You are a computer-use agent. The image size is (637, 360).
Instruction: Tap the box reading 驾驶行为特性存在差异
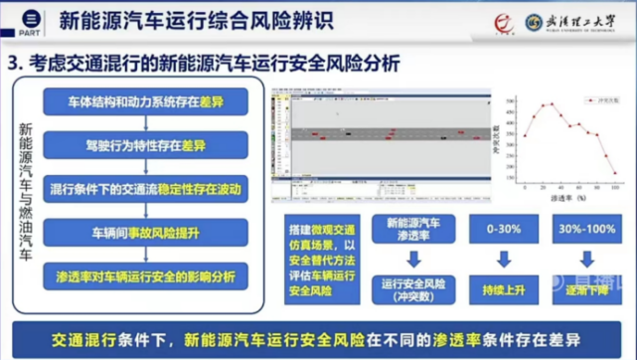146,146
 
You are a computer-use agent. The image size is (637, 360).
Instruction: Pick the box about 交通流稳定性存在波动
146,188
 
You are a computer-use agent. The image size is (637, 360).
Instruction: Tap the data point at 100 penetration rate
614,172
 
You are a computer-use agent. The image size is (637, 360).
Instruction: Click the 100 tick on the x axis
614,188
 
